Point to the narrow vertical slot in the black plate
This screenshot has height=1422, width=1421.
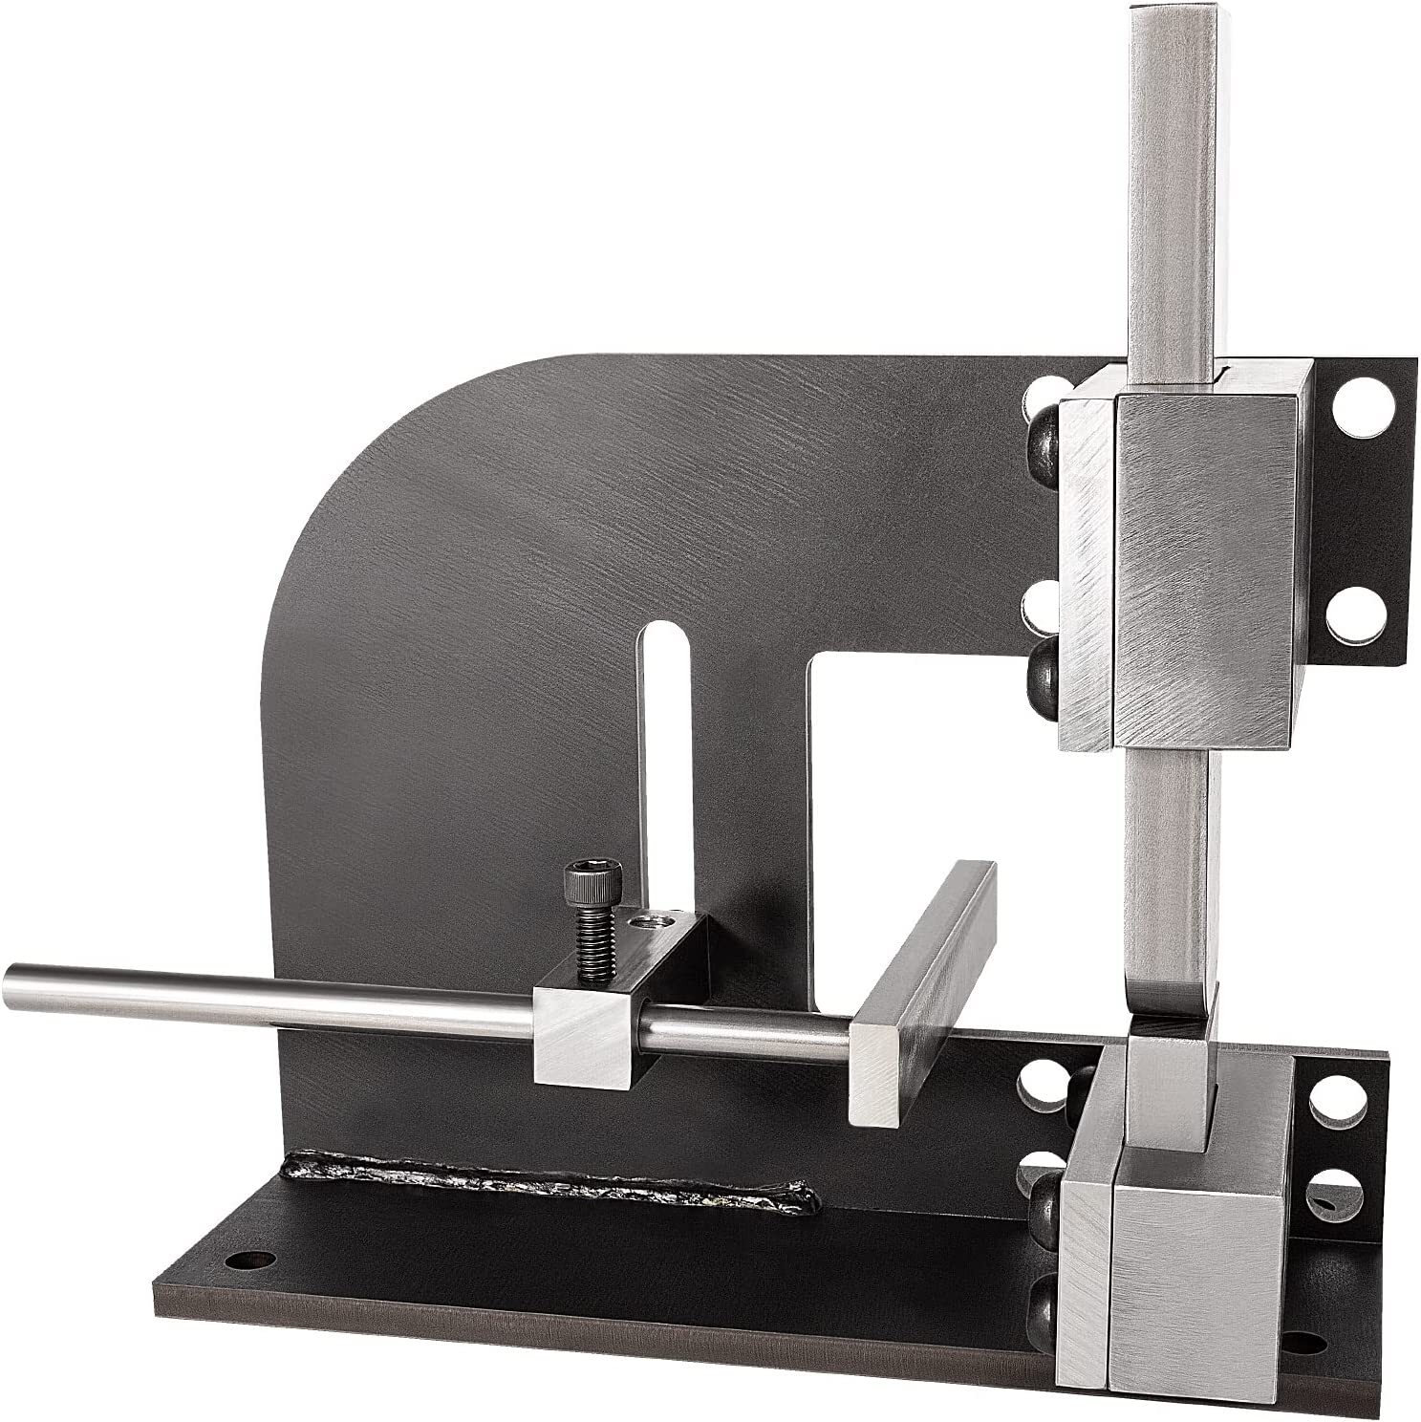coord(669,726)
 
